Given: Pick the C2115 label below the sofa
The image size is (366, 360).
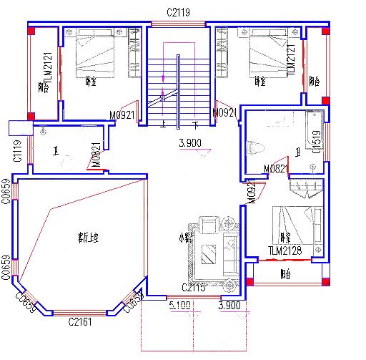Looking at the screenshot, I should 194,288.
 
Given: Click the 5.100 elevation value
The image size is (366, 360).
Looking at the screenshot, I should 179,305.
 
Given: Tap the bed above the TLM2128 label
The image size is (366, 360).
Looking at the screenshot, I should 295,225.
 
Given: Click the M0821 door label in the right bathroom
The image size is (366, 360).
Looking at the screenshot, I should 276,168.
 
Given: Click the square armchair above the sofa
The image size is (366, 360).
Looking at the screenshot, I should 209,224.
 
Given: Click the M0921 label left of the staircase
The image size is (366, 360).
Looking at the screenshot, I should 123,115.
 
